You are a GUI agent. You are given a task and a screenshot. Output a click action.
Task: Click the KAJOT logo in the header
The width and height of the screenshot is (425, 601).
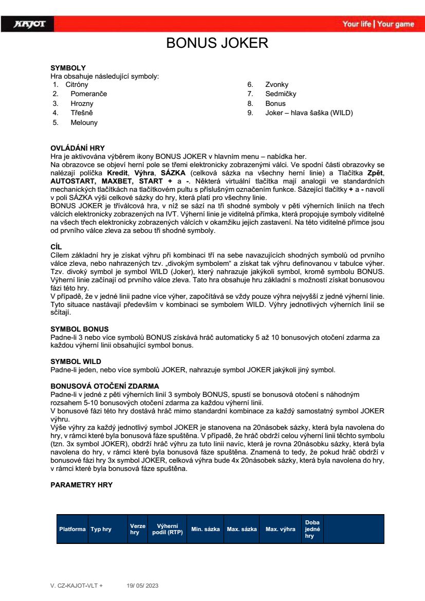[x=30, y=24]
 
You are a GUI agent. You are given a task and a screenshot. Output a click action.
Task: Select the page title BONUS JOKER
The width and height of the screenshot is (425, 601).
[x=217, y=43]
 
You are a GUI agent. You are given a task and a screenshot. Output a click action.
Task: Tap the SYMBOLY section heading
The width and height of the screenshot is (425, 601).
[x=68, y=68]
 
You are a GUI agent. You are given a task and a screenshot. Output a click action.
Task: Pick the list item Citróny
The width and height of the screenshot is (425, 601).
[x=77, y=84]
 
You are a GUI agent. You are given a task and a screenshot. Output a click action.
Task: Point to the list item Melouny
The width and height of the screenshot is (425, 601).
[x=84, y=123]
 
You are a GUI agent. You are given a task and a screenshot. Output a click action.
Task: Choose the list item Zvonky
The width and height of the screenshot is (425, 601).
[x=276, y=84]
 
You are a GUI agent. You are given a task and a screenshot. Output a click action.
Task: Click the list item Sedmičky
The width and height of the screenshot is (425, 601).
[x=281, y=94]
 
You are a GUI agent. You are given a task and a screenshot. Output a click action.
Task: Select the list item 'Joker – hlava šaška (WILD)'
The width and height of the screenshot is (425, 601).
[x=309, y=113]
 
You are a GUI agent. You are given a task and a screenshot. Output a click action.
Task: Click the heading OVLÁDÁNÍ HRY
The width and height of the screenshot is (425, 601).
[x=78, y=149]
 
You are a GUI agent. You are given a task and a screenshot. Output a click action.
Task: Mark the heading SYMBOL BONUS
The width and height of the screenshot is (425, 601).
[x=79, y=329]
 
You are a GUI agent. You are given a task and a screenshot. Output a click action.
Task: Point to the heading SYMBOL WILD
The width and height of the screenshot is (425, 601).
[x=76, y=361]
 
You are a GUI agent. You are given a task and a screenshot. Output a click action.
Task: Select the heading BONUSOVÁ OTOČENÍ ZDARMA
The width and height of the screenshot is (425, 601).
[x=104, y=386]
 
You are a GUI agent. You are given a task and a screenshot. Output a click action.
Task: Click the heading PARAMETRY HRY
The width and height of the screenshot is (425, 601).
[x=81, y=485]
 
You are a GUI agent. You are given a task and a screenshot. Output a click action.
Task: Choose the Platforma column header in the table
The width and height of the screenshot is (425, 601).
[x=72, y=529]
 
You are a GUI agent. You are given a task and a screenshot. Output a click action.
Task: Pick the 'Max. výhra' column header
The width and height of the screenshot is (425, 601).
[x=280, y=529]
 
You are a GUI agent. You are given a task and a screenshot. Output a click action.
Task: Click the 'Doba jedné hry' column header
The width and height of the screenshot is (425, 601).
[x=312, y=529]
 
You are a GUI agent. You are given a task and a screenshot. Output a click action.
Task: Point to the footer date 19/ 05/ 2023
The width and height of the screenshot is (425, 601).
[x=144, y=586]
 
